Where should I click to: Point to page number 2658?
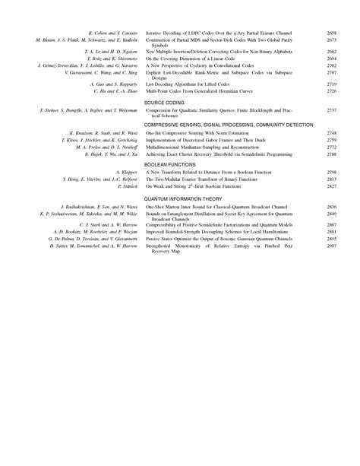point(331,34)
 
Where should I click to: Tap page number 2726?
point(331,90)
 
